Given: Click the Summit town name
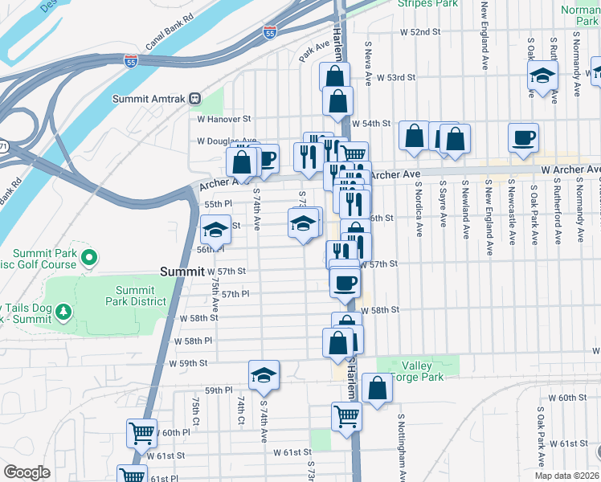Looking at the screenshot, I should coord(182,272).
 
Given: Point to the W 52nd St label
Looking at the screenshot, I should coord(421,31).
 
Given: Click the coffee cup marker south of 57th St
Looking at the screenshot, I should coord(345,284).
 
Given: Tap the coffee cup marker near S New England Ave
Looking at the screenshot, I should coord(523,137).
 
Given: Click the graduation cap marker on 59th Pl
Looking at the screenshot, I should coord(264,375).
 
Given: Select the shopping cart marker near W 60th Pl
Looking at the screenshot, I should coord(142,434).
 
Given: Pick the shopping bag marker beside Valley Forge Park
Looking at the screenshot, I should coord(377,389).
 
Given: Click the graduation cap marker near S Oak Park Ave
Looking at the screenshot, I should coord(543,77).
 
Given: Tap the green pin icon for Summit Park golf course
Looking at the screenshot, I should coord(88,259).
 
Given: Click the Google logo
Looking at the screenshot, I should coord(27,472).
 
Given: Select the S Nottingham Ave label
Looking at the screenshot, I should coord(399,449).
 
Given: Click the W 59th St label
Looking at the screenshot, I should coord(189,363).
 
